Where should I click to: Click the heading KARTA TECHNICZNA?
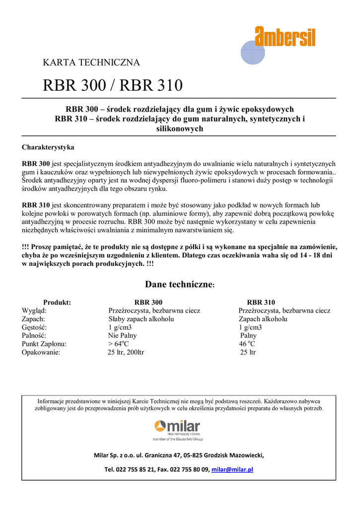91,63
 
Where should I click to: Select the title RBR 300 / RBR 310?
113,86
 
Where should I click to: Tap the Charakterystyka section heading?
48,147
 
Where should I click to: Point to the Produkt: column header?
57,302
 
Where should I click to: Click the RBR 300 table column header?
148,302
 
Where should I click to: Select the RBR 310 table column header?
261,302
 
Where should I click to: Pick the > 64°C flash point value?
118,344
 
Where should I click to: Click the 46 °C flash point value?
247,344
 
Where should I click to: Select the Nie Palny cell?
122,336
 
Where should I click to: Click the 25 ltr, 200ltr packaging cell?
126,353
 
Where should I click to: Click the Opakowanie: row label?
41,353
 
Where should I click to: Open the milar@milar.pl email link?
232,469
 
